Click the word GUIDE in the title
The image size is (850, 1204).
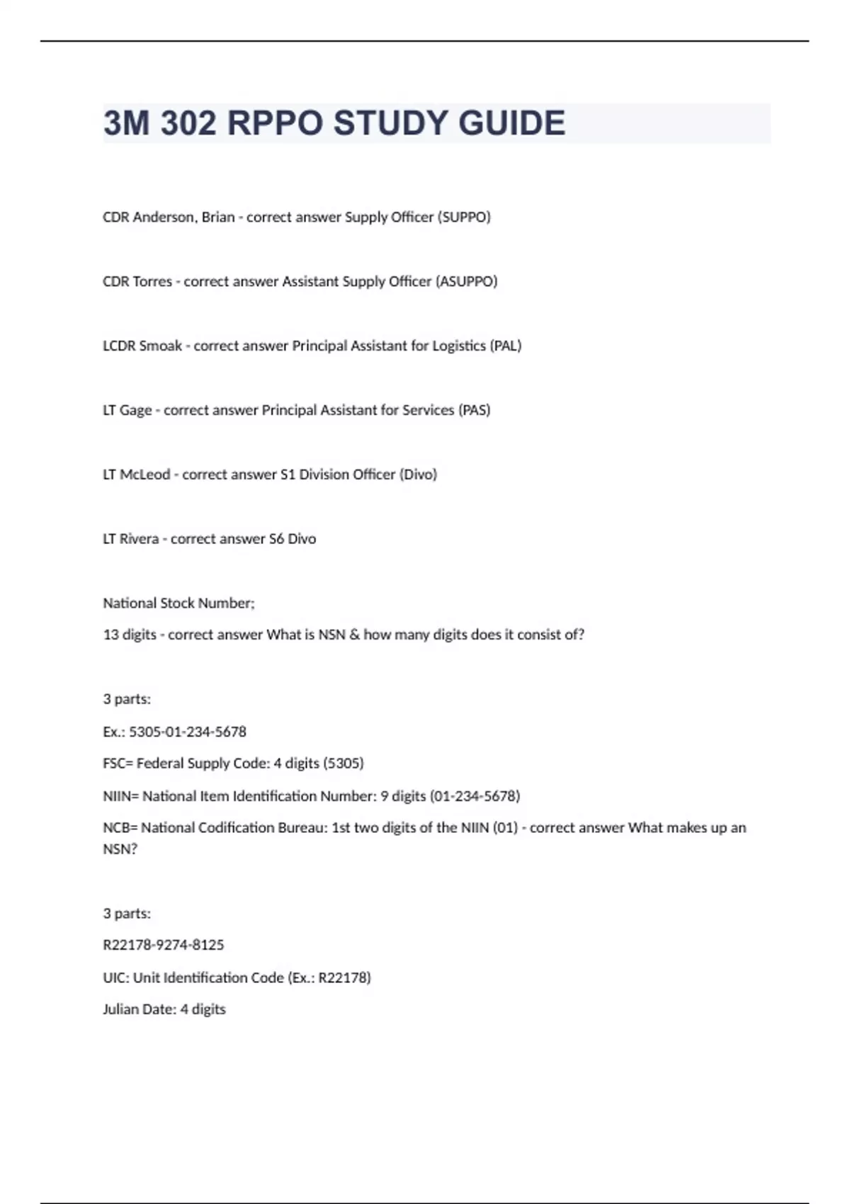point(511,123)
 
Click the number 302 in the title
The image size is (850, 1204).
point(188,123)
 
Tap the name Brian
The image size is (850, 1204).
point(217,217)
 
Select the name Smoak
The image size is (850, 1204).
point(161,346)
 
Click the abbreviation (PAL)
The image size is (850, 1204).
point(506,346)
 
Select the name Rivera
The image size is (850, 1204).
point(139,540)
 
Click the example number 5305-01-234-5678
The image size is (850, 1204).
point(188,732)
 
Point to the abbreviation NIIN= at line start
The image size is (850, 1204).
point(120,797)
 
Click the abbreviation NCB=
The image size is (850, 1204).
point(120,828)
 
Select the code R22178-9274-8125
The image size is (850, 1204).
point(164,945)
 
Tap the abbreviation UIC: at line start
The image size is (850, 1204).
point(115,978)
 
